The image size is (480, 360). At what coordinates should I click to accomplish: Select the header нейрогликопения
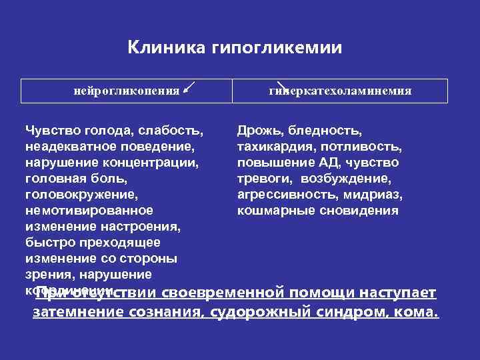pyautogui.click(x=126, y=90)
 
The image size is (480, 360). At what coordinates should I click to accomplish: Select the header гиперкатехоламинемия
pyautogui.click(x=340, y=90)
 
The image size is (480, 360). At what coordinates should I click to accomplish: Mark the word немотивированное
pyautogui.click(x=88, y=211)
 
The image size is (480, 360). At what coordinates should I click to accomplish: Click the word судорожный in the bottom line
pyautogui.click(x=249, y=312)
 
